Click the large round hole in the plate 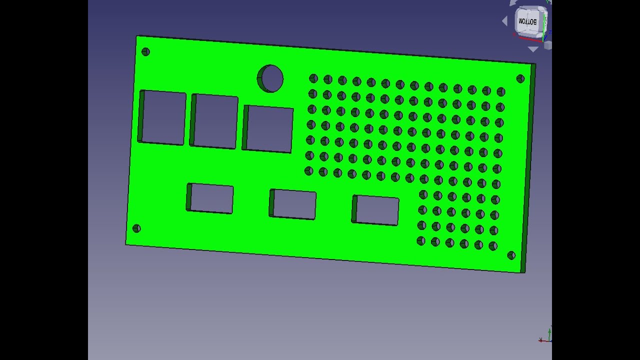tap(271, 78)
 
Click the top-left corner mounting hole tap(145, 51)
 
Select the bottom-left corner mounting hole tap(136, 228)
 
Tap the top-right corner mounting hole tap(520, 78)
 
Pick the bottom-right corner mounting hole tap(511, 255)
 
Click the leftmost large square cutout tap(163, 118)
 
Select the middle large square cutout tap(215, 121)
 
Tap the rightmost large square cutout tap(269, 129)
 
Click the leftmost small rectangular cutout tap(211, 198)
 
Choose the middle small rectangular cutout tap(293, 204)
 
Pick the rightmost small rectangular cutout tap(376, 210)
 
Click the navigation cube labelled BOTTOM tap(529, 22)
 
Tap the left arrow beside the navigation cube tap(505, 21)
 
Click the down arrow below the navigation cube tap(533, 49)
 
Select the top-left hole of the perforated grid tap(313, 78)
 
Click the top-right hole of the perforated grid tap(501, 92)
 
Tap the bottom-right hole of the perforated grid tap(493, 246)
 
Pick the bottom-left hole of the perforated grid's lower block tap(421, 241)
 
